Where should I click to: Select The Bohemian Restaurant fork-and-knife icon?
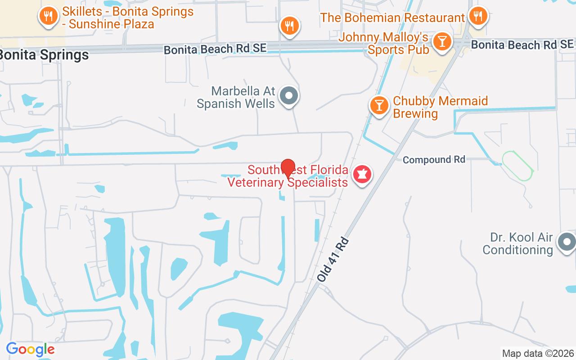coord(477,16)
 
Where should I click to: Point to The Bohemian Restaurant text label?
coord(392,18)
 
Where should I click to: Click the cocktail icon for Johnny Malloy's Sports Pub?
coord(442,42)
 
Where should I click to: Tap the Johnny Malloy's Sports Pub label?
coord(383,43)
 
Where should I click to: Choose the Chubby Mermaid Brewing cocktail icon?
coord(379,105)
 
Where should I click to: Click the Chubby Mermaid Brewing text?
coord(440,107)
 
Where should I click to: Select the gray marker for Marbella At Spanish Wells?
coord(289,96)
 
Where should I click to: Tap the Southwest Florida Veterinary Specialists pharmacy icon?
coord(362,174)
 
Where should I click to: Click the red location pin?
coord(288,169)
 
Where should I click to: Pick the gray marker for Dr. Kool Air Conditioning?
coord(566,243)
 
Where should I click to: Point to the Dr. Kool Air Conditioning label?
coord(517,243)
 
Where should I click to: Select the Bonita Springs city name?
coord(44,55)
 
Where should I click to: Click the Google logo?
coord(30,349)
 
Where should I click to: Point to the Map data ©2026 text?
coord(538,353)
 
